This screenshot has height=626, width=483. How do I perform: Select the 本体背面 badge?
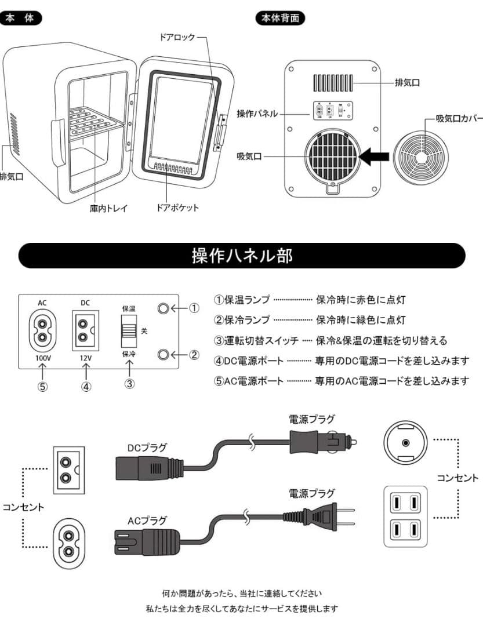click(280, 19)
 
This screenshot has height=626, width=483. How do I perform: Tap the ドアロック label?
click(177, 37)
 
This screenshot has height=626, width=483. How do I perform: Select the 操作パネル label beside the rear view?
click(257, 114)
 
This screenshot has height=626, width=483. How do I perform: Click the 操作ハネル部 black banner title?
click(242, 256)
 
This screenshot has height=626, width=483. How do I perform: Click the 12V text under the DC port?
click(86, 358)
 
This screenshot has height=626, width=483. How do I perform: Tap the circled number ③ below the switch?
click(129, 383)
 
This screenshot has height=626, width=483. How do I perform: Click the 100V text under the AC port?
click(43, 358)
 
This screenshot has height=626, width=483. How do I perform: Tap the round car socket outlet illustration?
click(405, 442)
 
